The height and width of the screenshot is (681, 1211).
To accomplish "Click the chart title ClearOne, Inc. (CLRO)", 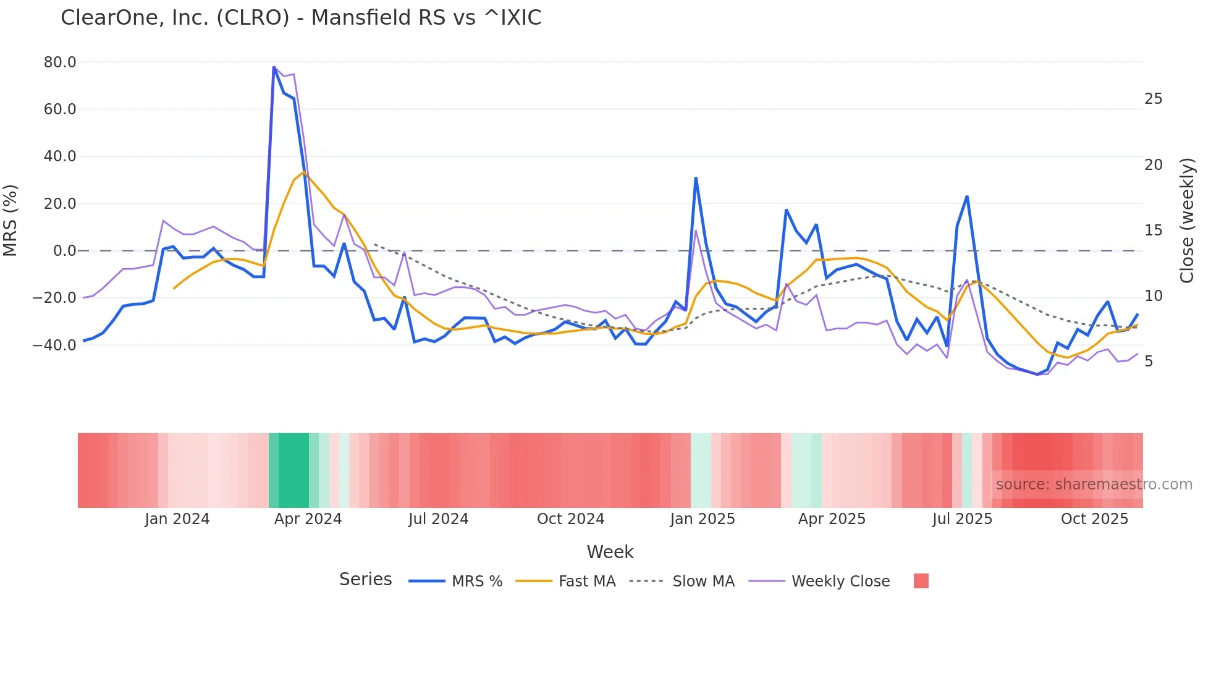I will pos(301,17).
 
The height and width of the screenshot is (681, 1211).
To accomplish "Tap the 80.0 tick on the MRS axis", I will pos(60,62).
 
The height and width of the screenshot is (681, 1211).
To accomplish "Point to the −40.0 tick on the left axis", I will pos(54,345).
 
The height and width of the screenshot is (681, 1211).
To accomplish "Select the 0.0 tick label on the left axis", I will pos(64,251).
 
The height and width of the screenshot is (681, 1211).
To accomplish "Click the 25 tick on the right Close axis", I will pos(1153,99).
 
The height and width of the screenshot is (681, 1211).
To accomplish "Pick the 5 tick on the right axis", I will pos(1149,362).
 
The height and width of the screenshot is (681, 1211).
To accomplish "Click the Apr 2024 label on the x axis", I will pos(308,519).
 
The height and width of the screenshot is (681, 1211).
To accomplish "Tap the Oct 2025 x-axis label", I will pos(1094,519).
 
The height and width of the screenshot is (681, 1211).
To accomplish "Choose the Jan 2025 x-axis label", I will pos(703,519).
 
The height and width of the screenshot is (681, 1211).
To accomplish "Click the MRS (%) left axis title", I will pos(11,221).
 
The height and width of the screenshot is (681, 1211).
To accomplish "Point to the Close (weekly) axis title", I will pos(1187,221).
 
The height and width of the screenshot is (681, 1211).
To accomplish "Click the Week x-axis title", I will pos(610,552).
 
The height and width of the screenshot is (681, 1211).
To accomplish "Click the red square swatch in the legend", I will pos(921,581).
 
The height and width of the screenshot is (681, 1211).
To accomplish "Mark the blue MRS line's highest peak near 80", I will pos(274,67).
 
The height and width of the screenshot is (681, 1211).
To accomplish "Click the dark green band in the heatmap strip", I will pos(293,470).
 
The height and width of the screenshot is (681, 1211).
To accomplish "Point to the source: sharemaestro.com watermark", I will pos(1094,484).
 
